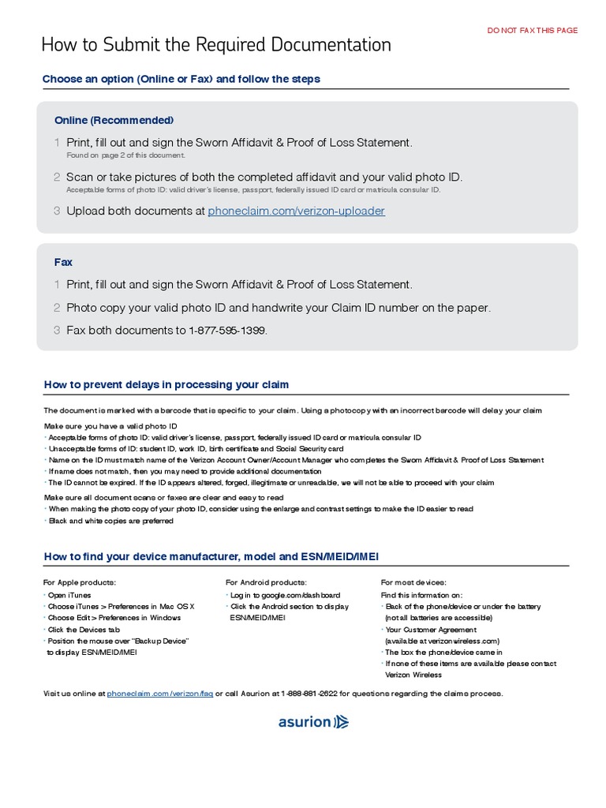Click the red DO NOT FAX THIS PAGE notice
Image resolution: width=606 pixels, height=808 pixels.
coord(532,31)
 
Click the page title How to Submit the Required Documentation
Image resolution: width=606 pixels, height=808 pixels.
coord(216,45)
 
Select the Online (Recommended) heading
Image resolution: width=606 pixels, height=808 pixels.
coord(114,121)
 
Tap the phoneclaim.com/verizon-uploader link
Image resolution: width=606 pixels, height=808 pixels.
coord(296,211)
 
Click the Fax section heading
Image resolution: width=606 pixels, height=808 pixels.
coord(63,262)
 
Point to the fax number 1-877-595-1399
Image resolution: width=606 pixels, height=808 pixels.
coord(227,331)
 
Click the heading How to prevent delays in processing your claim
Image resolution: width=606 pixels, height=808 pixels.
coord(166,385)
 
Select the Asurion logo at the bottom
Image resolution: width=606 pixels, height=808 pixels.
coord(313,721)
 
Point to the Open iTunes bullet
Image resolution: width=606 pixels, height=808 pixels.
coord(69,595)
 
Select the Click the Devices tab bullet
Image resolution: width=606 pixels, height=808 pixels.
coord(84,630)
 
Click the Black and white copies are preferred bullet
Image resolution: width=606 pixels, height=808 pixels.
coord(110,522)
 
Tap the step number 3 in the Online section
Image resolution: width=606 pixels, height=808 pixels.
coord(57,211)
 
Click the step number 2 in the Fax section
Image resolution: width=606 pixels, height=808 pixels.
coord(57,308)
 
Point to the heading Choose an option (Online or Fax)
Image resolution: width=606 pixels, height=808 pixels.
coord(181,80)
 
